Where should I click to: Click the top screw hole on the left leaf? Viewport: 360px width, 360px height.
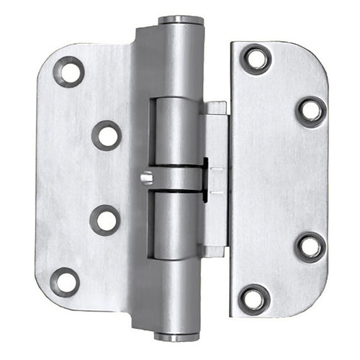pyautogui.click(x=69, y=71)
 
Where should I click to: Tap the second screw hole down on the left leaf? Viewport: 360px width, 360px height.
pyautogui.click(x=107, y=135)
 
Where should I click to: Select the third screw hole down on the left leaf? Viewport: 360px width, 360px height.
pyautogui.click(x=105, y=220)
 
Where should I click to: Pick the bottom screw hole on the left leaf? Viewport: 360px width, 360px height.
pyautogui.click(x=66, y=282)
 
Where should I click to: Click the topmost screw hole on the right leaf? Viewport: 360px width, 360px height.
pyautogui.click(x=256, y=59)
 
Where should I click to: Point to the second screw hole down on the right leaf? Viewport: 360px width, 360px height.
pyautogui.click(x=311, y=112)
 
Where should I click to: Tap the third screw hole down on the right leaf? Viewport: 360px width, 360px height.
pyautogui.click(x=310, y=246)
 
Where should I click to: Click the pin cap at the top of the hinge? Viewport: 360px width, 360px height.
pyautogui.click(x=179, y=20)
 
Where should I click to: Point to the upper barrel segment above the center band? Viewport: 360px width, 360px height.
pyautogui.click(x=176, y=130)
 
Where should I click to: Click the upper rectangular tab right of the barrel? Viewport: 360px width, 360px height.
pyautogui.click(x=215, y=109)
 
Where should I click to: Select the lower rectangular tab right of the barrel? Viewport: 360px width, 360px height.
pyautogui.click(x=215, y=251)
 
